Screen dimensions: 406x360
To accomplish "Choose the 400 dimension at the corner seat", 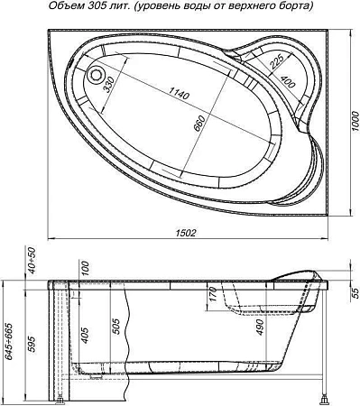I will [287, 82].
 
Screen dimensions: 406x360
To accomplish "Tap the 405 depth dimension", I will [84, 337].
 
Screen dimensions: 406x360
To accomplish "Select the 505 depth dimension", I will [115, 328].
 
